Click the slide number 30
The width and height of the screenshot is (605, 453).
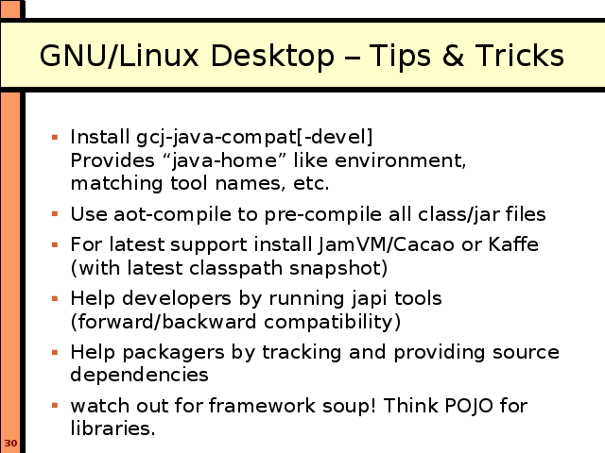pos(10,443)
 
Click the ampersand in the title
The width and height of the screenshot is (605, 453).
pos(453,56)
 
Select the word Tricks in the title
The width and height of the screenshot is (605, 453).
pos(519,56)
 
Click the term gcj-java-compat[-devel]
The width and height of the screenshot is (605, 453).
pos(254,138)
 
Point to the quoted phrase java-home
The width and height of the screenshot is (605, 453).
pos(225,160)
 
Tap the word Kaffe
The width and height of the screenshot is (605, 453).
pos(513,243)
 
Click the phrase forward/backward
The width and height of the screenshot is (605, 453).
pos(166,321)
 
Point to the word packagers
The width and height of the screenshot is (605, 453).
pos(173,353)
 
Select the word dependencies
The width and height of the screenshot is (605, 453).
pos(139,375)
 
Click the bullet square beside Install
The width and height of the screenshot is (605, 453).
pos(55,137)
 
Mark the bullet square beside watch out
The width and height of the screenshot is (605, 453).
pos(55,405)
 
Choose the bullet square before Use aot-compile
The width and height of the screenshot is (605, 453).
pos(55,214)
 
